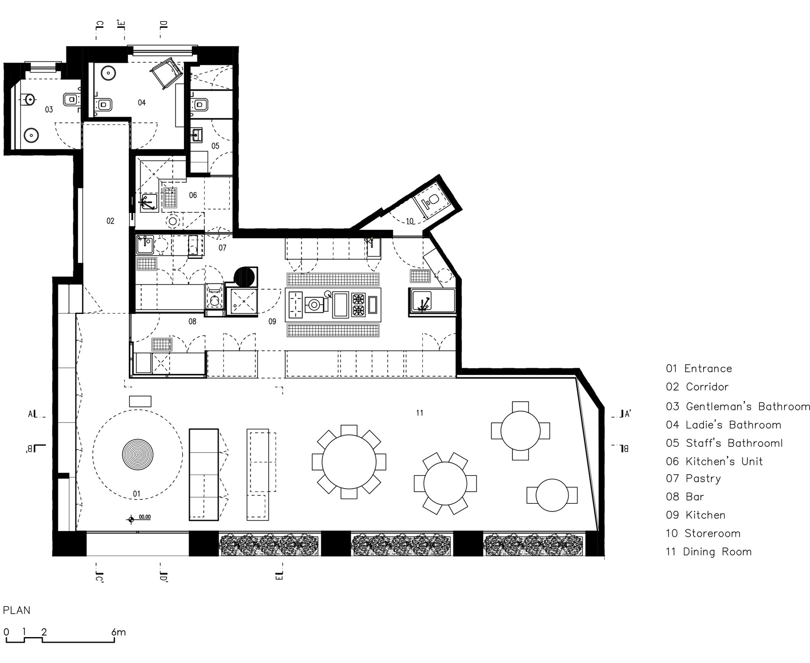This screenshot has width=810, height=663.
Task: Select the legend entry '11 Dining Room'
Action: (709, 552)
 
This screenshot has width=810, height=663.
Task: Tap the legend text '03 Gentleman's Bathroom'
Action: (738, 406)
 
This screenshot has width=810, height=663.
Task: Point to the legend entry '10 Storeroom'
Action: (703, 533)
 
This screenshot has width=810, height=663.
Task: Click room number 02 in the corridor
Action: (111, 221)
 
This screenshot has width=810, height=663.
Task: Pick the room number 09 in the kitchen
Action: (272, 321)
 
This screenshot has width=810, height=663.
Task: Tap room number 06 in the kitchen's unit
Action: (193, 195)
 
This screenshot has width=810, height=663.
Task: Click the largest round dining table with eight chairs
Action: (349, 462)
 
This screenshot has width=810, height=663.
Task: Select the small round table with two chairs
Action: (552, 495)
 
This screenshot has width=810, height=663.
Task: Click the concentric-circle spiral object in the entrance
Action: (138, 455)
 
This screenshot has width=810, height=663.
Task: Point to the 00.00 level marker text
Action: (145, 517)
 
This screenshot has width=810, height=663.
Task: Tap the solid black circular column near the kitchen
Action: (244, 277)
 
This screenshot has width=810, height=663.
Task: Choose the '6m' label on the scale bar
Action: (118, 632)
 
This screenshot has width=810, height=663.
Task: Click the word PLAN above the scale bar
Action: (17, 610)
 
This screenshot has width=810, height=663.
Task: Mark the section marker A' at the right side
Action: (626, 414)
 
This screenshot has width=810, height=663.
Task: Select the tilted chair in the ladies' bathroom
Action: (166, 73)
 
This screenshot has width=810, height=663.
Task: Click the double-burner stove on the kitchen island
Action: (358, 305)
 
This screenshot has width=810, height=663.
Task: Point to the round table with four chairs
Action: (520, 431)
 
